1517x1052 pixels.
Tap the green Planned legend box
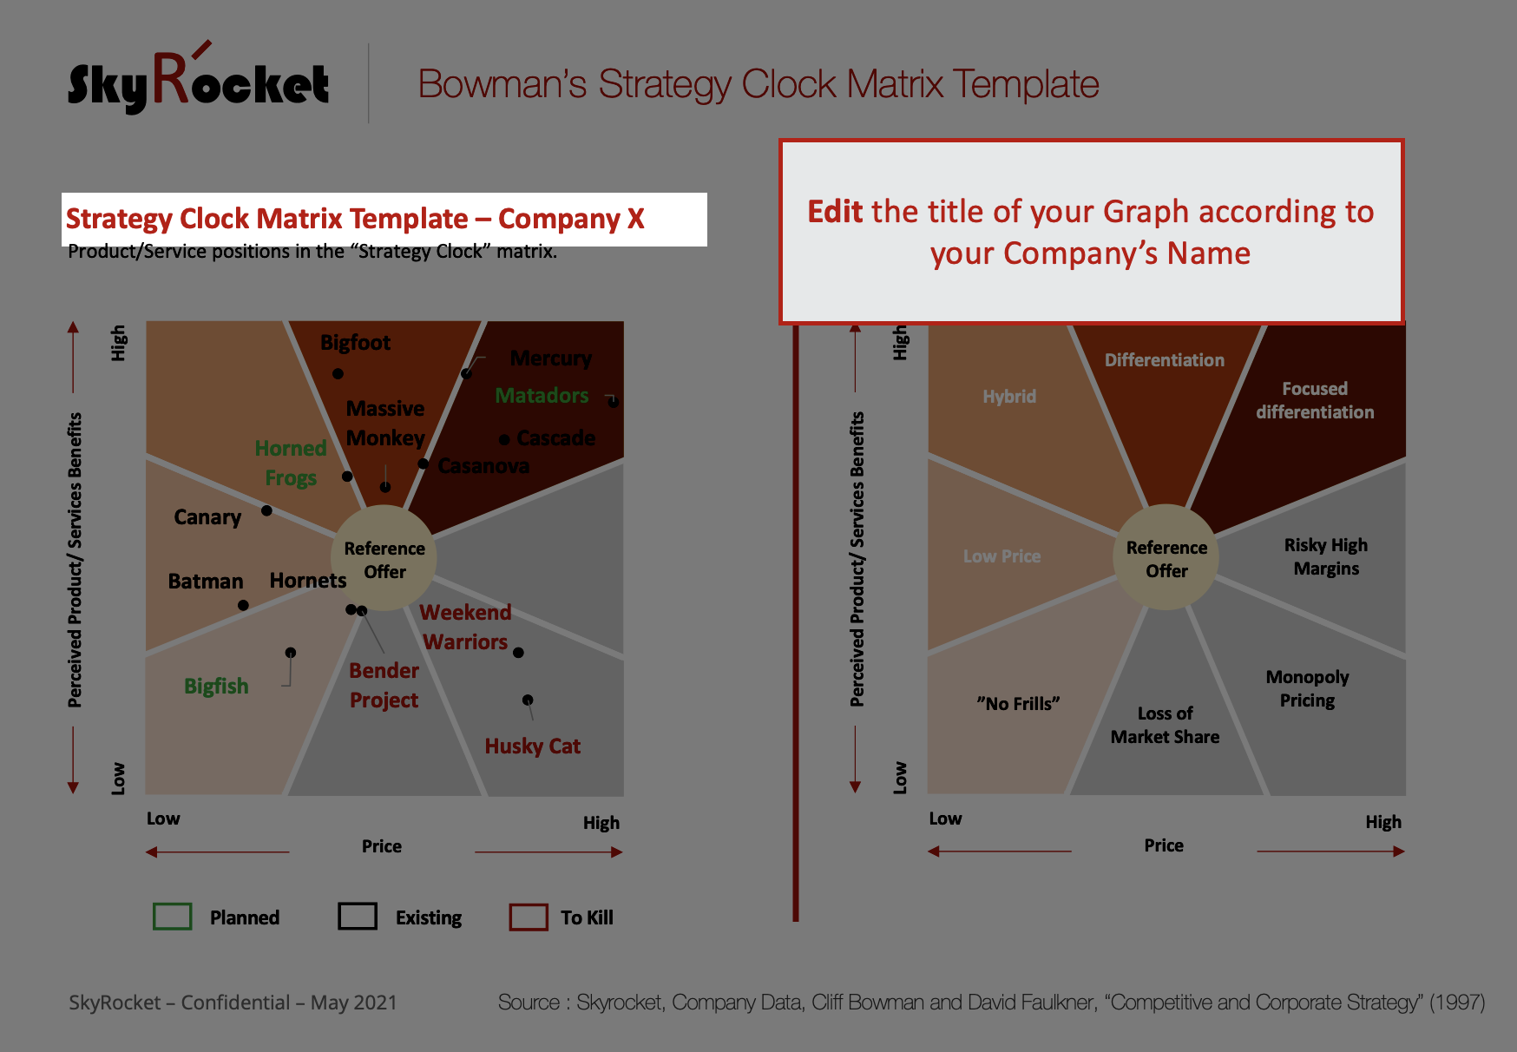point(172,917)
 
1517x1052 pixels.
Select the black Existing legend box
point(358,917)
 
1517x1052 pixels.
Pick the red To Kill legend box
point(529,917)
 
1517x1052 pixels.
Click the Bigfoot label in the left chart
point(355,343)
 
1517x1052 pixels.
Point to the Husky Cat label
point(533,746)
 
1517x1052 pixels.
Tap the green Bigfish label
point(216,687)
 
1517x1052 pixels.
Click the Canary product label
point(207,517)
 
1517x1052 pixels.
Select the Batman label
point(206,581)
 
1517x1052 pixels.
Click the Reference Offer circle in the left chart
point(384,559)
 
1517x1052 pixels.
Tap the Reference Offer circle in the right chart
point(1166,558)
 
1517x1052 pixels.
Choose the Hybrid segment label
point(1009,397)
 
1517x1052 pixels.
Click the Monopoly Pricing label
point(1308,688)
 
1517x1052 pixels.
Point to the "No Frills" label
point(1018,703)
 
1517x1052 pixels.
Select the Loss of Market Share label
point(1166,725)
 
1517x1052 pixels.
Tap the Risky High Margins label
point(1326,556)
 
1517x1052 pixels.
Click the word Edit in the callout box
point(835,212)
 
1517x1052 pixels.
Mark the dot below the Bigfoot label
point(338,374)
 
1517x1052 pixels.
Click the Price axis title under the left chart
point(382,846)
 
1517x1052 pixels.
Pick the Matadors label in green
point(542,396)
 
